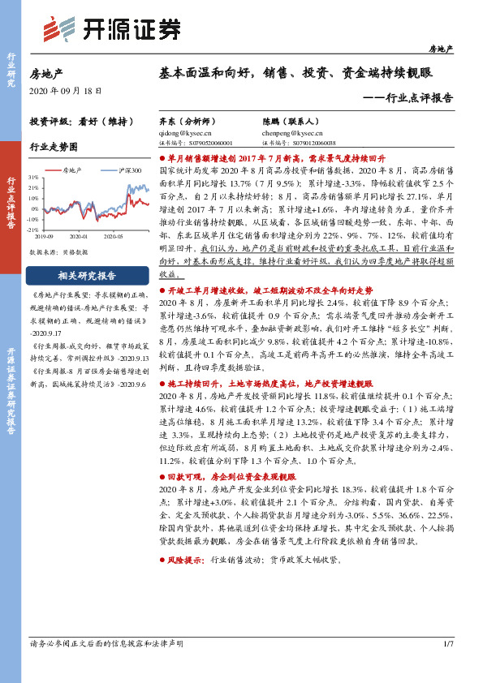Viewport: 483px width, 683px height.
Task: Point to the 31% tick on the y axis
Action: (x=33, y=176)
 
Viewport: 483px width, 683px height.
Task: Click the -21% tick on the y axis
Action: (x=33, y=230)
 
